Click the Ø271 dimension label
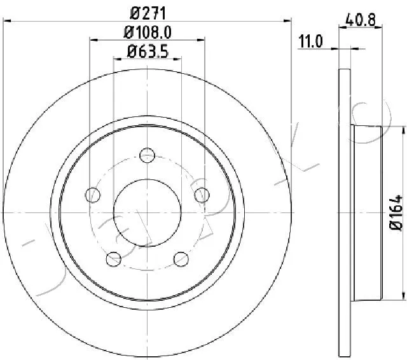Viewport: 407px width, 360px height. pos(148,13)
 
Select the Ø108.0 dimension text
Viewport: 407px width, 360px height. pos(148,32)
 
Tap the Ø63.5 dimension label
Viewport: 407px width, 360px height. pos(148,51)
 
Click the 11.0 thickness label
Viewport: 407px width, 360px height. pos(310,41)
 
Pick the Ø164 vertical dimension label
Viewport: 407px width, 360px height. pos(396,212)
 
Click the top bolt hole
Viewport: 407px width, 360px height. pos(147,155)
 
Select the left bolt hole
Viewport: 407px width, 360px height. pos(93,195)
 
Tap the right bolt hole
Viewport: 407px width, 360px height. pos(202,195)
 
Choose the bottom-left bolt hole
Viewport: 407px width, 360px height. pos(114,259)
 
